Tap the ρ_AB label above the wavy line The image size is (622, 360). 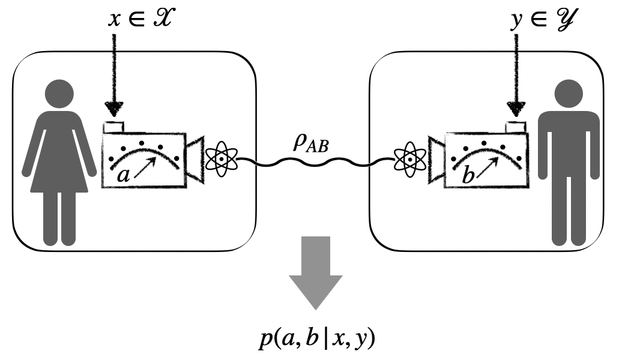(x=309, y=145)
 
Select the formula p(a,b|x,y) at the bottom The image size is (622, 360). (x=315, y=340)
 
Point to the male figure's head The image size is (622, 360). (x=567, y=92)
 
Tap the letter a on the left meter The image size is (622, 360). (x=122, y=176)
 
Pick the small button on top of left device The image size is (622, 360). (x=113, y=127)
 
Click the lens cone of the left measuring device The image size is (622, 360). (x=195, y=160)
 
